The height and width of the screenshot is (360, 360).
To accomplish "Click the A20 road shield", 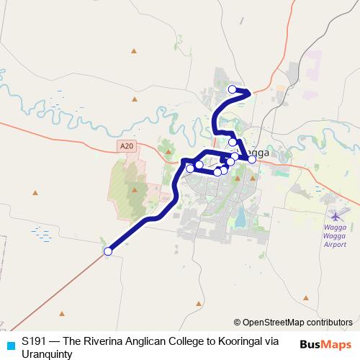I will click(x=127, y=146).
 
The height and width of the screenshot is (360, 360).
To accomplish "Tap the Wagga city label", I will click(x=257, y=153).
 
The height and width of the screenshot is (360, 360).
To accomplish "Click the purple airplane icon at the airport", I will click(x=336, y=215).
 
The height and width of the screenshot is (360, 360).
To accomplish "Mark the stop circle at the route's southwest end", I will click(x=108, y=251).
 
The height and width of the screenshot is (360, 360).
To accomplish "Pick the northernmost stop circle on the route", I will click(x=232, y=89).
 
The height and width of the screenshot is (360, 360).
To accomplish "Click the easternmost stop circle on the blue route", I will click(x=252, y=159).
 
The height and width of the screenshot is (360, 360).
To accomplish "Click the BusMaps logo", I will click(x=325, y=344).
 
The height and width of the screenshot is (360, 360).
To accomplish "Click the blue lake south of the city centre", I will click(x=240, y=216).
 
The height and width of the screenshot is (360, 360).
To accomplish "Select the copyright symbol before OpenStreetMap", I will click(x=238, y=322).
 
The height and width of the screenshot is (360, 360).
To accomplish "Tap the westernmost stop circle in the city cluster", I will click(x=190, y=168).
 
